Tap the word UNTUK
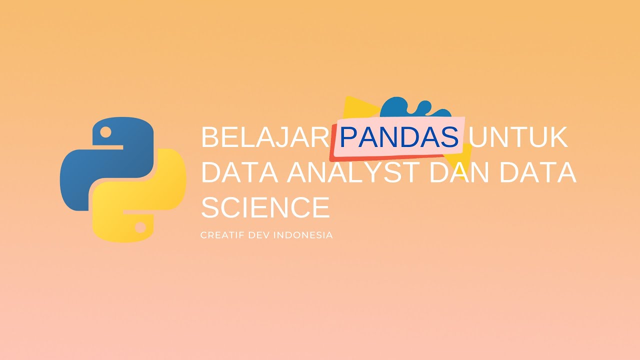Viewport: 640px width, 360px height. click(x=519, y=137)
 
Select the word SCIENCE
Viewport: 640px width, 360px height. click(x=265, y=207)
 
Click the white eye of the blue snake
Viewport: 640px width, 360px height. click(x=105, y=132)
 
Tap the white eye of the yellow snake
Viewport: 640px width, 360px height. click(x=140, y=227)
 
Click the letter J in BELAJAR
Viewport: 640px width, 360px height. click(x=290, y=137)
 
